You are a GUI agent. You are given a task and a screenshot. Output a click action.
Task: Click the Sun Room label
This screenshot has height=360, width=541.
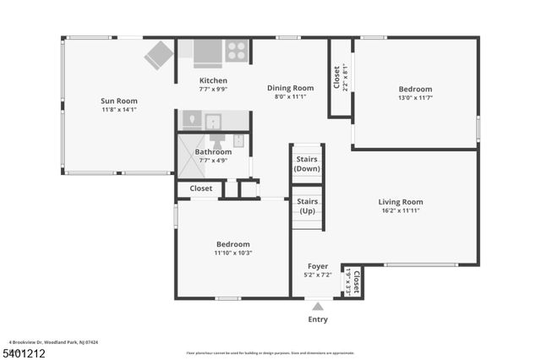click(x=119, y=101)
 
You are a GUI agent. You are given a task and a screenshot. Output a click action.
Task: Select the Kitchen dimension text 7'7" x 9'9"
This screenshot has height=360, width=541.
click(x=213, y=89)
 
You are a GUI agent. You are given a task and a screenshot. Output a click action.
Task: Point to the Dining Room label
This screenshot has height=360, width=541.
click(x=290, y=88)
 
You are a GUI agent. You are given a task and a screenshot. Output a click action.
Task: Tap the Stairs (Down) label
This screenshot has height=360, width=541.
click(x=306, y=164)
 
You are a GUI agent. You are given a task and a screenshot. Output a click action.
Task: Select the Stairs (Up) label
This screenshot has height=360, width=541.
click(x=306, y=205)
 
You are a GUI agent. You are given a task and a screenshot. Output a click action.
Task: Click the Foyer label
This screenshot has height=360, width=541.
click(x=317, y=265)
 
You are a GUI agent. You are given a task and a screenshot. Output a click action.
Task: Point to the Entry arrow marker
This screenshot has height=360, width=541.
click(x=317, y=306)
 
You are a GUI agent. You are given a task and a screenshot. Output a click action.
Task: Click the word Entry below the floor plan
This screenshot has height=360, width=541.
click(x=317, y=319)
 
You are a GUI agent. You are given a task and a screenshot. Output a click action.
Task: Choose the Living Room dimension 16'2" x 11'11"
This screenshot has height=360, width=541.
click(x=400, y=210)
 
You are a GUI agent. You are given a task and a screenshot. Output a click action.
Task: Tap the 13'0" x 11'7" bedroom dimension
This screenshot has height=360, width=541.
click(x=415, y=98)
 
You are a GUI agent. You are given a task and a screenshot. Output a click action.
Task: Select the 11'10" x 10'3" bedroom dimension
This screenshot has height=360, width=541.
click(x=232, y=252)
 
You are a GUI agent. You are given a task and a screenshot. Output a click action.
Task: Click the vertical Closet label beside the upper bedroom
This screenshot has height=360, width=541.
click(x=337, y=78)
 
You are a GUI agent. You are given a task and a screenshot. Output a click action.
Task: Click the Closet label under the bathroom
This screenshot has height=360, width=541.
click(x=201, y=188)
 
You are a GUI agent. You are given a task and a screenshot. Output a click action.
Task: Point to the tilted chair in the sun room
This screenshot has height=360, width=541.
click(x=159, y=55)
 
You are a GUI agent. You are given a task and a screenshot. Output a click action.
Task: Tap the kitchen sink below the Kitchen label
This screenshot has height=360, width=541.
click(x=212, y=120)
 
